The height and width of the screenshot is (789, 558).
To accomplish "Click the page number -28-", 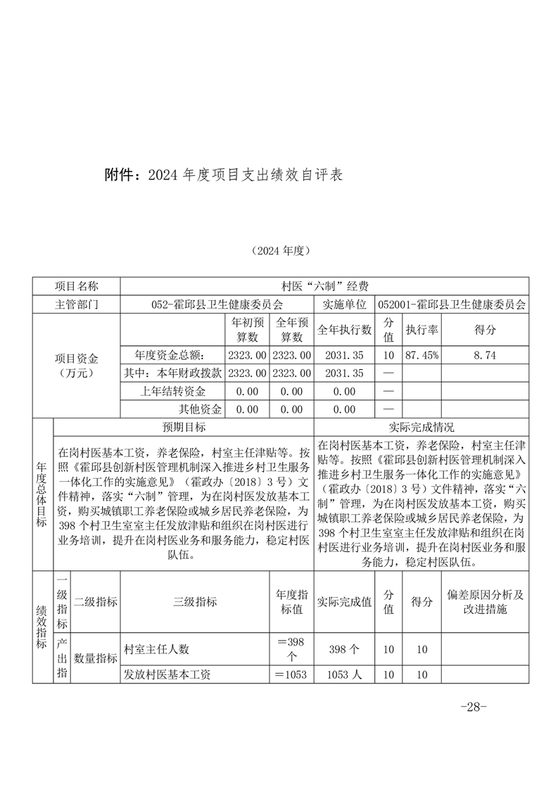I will pos(473,707).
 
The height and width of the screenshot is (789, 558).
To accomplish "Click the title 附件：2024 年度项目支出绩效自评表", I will pos(224,175).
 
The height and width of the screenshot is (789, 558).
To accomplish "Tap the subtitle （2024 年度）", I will pos(280,250).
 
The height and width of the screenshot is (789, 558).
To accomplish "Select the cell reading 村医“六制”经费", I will pos(324,286).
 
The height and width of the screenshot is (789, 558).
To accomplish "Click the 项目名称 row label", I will pos(77,286).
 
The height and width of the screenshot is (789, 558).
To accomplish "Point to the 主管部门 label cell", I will pos(77,304).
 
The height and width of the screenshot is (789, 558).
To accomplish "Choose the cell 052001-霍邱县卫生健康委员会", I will pos(452,304).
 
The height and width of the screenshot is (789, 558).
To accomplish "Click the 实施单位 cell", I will pos(344,304).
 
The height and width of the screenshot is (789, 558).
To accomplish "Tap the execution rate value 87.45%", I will pos(421,356).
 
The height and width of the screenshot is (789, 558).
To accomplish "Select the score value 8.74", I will pos(486,356).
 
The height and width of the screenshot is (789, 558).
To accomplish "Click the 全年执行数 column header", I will pos(344,329).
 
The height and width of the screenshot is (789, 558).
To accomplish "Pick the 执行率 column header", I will pos(421,329).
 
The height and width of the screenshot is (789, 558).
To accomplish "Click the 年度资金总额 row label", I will pos(172,356).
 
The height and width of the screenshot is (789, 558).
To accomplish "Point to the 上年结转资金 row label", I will pos(172,392).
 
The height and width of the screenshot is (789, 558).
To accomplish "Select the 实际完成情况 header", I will pos(421,427).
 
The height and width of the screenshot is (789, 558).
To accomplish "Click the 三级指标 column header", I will pos(195,601).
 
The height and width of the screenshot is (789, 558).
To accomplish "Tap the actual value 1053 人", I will pos(344,674).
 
